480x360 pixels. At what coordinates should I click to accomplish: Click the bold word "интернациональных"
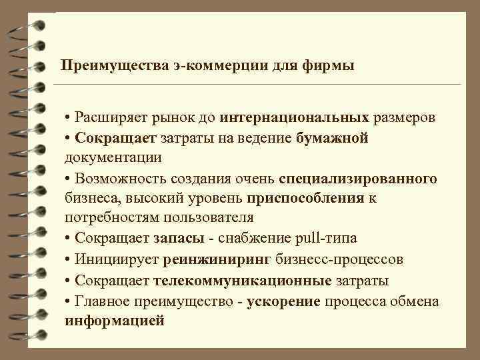click(x=294, y=118)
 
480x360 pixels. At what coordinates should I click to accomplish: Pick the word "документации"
click(x=113, y=158)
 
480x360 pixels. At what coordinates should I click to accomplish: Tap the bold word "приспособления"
click(x=305, y=199)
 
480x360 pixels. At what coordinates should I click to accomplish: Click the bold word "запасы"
click(x=178, y=239)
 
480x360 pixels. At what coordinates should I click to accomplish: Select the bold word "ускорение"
click(x=284, y=301)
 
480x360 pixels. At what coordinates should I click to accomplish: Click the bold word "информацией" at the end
click(x=114, y=321)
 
